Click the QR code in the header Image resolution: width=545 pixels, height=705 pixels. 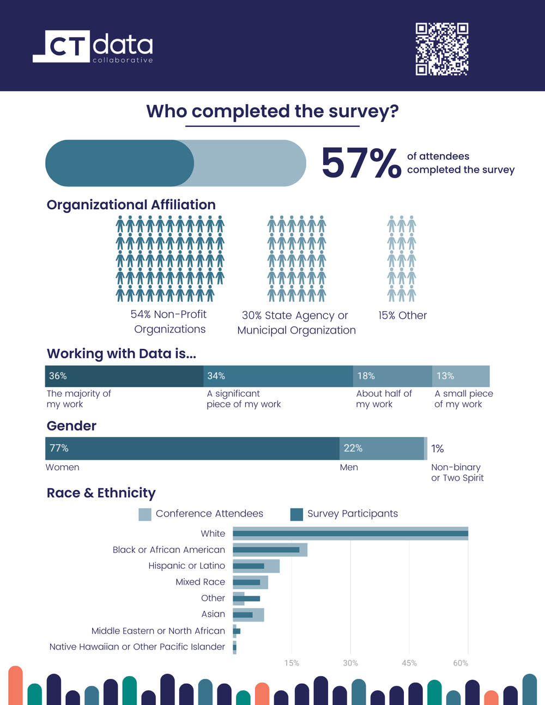point(442,49)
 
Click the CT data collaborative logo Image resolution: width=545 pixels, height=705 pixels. point(93,47)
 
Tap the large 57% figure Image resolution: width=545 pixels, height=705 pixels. point(361,163)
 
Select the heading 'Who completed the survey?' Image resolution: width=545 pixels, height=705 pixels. point(272,111)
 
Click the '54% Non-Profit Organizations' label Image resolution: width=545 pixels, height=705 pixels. point(169,321)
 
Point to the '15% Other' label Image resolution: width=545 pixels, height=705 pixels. point(402,315)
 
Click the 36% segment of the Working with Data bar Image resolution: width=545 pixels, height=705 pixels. point(124,376)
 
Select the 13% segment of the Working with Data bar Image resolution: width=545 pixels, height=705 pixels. point(461,376)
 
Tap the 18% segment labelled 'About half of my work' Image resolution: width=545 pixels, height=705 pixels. point(392,376)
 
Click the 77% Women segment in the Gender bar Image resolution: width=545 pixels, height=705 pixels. point(192,448)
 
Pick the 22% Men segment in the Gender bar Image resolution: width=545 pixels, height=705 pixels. point(381,448)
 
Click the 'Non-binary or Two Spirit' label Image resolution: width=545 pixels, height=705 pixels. point(457,472)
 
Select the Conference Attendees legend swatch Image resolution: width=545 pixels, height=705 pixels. point(145,514)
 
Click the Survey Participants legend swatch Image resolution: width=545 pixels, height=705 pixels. point(296,514)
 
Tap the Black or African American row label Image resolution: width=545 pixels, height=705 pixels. point(168,550)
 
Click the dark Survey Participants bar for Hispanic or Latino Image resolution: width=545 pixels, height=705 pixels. point(249,566)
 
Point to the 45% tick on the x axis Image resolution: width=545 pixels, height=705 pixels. point(409,663)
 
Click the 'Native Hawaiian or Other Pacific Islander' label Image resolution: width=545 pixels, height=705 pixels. point(137,647)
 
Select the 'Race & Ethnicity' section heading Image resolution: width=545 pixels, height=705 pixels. point(101,493)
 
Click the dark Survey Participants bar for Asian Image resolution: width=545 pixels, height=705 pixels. point(243,615)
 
